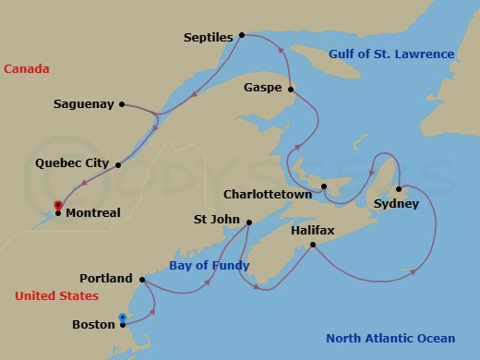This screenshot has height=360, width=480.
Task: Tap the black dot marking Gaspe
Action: [291, 90]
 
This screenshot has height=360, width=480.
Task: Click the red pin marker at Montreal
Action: [57, 205]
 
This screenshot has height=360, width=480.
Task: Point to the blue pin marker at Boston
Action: [122, 318]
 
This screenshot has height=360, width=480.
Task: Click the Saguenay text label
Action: [83, 104]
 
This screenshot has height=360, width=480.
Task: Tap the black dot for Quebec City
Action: [119, 164]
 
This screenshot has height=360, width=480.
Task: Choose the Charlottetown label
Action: [270, 195]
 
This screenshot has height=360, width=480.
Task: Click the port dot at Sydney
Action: [399, 190]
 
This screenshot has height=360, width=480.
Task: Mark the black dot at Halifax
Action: [313, 245]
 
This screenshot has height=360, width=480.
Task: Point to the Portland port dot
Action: [142, 279]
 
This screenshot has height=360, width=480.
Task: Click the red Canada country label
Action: [26, 69]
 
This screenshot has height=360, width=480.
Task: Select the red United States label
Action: [56, 296]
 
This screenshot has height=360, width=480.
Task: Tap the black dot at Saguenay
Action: [122, 104]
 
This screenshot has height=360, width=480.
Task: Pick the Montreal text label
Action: [93, 213]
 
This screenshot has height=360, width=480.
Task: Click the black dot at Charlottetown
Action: [324, 187]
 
